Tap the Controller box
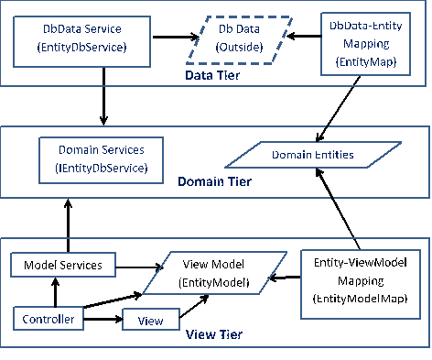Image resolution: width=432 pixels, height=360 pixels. pos(44,319)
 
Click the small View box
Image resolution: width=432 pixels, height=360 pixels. pos(150,321)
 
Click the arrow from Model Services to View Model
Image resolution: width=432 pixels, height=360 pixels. pos(141,267)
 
